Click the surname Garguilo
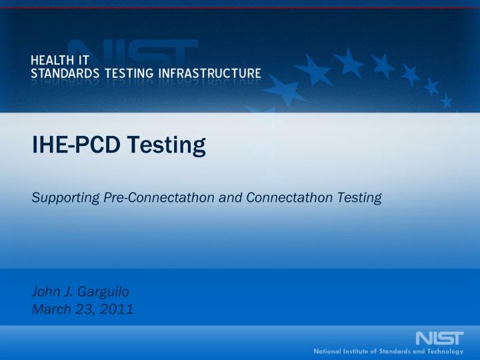[x=97, y=291]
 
